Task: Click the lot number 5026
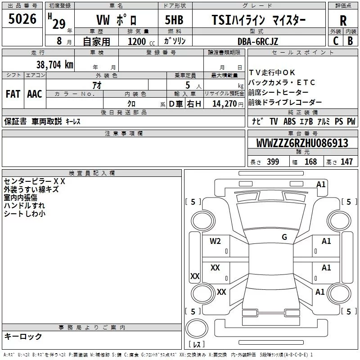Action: pos(22,19)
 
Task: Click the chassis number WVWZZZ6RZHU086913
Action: pos(302,143)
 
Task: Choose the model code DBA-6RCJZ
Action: pos(258,41)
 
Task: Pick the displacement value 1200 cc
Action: pos(137,41)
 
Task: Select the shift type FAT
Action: pos(13,94)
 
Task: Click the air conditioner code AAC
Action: pos(34,94)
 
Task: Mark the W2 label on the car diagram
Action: pos(215,241)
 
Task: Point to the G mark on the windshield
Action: pos(284,237)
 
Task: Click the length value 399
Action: pos(273,162)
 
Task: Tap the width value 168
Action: pos(310,162)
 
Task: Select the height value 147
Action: pos(346,162)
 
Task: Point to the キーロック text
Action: pos(23,336)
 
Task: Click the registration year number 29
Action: pos(59,24)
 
